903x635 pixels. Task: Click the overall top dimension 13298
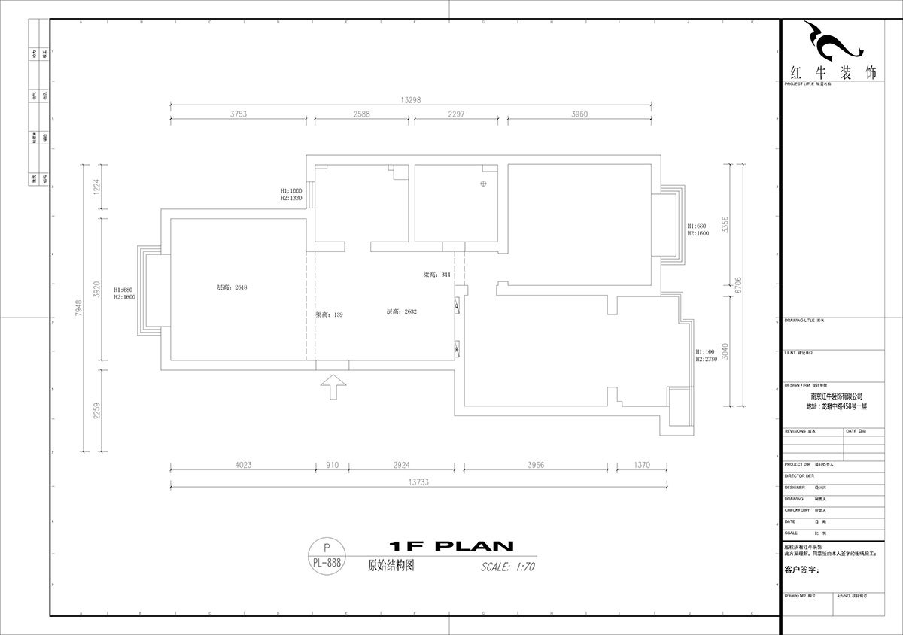tap(411, 99)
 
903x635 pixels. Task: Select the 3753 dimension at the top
tap(239, 114)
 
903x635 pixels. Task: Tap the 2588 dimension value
tap(363, 114)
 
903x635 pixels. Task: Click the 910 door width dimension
tap(332, 466)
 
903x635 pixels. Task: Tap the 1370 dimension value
tap(641, 466)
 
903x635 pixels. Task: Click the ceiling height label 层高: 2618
tap(232, 287)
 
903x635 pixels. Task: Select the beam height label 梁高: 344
tap(437, 275)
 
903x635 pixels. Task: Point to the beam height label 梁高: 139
tap(329, 314)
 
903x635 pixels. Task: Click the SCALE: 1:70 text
tap(507, 567)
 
